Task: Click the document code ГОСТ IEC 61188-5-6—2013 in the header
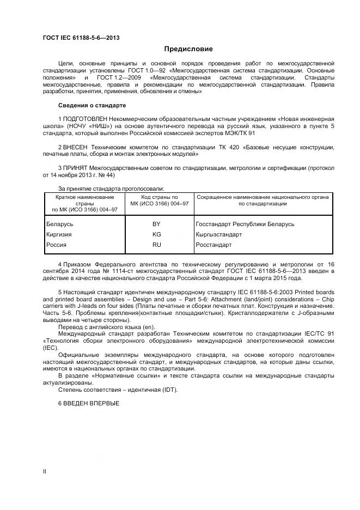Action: (x=81, y=38)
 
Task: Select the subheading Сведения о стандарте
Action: (x=91, y=105)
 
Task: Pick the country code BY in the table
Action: (x=157, y=224)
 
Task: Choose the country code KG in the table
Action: (x=157, y=235)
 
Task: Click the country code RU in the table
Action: (x=157, y=245)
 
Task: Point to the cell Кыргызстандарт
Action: (x=219, y=235)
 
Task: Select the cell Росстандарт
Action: (x=213, y=245)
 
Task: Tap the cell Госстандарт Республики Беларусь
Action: (x=245, y=224)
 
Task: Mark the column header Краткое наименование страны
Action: (x=84, y=203)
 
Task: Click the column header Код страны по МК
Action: (x=160, y=199)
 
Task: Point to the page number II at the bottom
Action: (x=45, y=471)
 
